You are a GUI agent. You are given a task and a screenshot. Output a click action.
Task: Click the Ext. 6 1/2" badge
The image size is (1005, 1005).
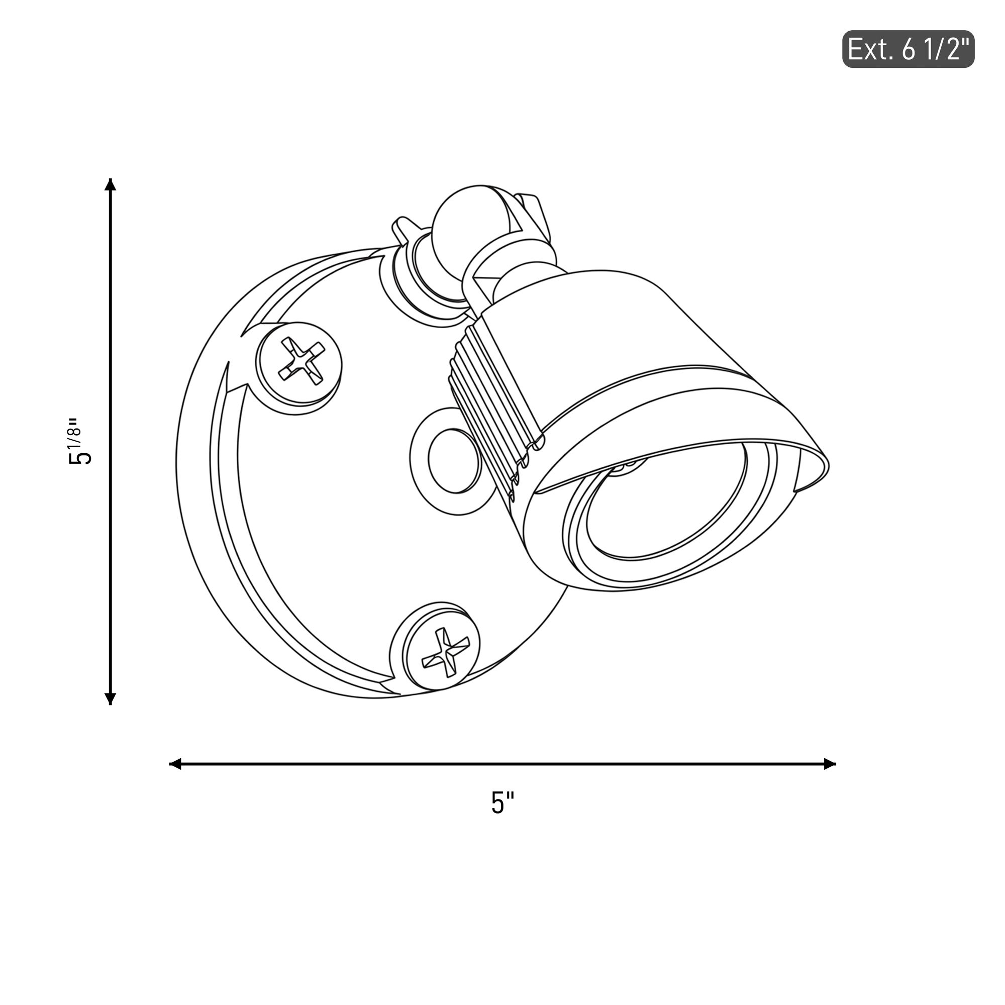point(908,49)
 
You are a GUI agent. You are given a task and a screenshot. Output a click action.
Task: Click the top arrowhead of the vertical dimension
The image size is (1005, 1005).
point(110,184)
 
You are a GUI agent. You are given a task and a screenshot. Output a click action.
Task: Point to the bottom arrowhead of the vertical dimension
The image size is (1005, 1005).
point(110,698)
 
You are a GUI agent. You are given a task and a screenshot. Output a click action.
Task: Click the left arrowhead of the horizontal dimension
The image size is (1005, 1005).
point(175,764)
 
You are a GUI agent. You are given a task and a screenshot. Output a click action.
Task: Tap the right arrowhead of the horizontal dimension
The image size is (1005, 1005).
point(830,764)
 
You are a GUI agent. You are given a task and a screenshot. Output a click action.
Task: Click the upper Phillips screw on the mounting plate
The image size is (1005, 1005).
point(298,368)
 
